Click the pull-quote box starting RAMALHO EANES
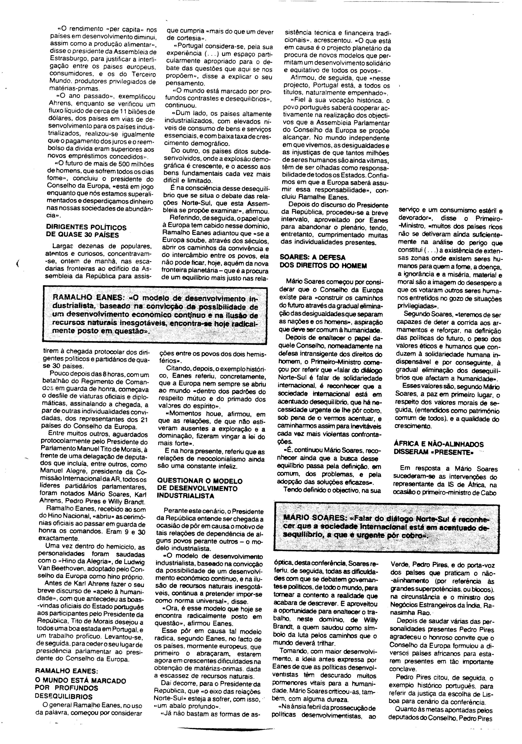pos(155,314)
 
